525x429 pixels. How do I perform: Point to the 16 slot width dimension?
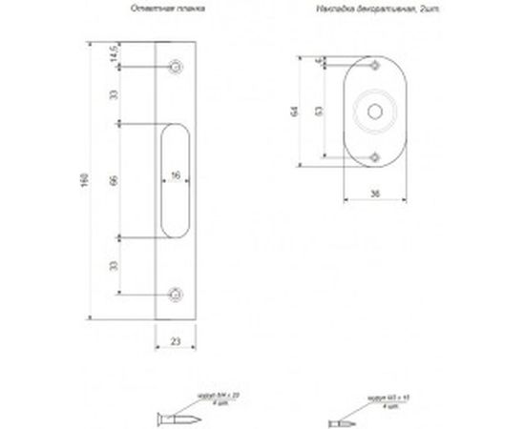coord(176,175)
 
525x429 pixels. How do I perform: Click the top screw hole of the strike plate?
coord(175,66)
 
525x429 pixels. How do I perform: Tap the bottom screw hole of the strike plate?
coord(175,294)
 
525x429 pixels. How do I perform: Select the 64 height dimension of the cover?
coord(297,112)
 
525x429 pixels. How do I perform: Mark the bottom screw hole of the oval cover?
coord(375,154)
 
